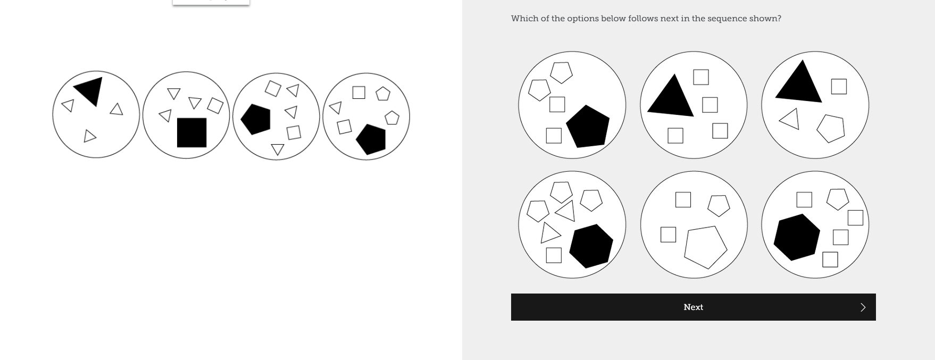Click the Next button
pos(693,307)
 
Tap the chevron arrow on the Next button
pos(863,307)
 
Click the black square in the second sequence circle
pos(191,132)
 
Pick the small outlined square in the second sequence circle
pos(215,105)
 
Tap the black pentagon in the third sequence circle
pos(256,119)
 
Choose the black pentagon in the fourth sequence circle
pos(371,139)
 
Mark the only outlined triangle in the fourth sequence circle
pos(336,108)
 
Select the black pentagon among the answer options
pos(587,127)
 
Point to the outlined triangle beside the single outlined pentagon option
pos(790,119)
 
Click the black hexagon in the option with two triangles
pos(591,246)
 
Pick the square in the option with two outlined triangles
pos(554,255)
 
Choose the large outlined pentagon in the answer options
pos(705,247)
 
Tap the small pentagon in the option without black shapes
pos(719,205)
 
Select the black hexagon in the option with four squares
pos(796,237)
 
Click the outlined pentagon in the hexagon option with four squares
pos(838,199)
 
